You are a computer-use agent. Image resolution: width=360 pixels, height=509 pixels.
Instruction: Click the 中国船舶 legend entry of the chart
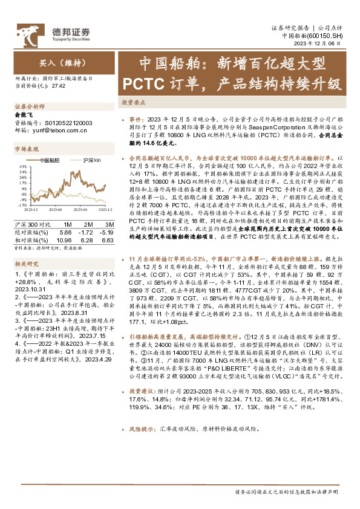pyautogui.click(x=49, y=160)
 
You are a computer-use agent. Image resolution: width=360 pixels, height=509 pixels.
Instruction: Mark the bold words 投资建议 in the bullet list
pyautogui.click(x=143, y=391)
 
